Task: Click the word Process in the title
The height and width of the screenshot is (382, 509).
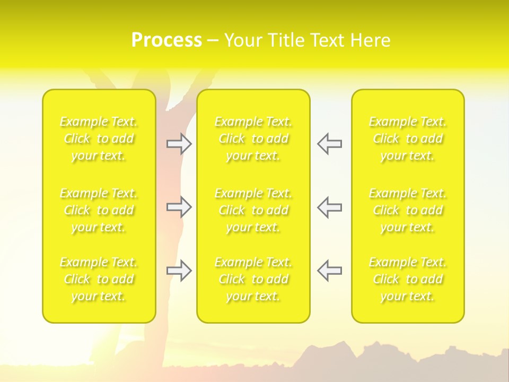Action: point(166,40)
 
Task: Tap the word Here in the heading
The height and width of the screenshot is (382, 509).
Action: point(371,40)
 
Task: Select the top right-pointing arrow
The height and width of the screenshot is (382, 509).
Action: point(179,144)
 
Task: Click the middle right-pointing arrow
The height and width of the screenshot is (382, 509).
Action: point(179,207)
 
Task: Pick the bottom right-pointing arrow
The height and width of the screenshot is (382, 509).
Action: point(179,271)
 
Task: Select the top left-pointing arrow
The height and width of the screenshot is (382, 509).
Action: point(329,144)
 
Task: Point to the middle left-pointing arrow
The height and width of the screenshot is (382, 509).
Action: point(329,207)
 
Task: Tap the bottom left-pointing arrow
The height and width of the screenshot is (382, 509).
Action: point(329,271)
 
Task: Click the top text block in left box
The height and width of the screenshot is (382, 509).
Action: point(99,138)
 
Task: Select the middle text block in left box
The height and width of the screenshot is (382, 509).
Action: point(99,210)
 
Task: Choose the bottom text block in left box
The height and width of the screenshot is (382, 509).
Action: point(99,279)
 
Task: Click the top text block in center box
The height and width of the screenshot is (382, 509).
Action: point(253,138)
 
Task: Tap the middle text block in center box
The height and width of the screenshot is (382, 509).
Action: point(253,210)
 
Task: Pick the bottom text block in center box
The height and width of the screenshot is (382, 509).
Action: point(253,279)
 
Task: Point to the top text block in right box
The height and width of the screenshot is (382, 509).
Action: point(408,138)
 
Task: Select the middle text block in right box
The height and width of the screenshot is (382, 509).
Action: point(408,210)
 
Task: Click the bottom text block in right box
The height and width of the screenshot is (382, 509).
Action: point(408,279)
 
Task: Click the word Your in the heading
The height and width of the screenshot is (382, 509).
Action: point(244,40)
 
